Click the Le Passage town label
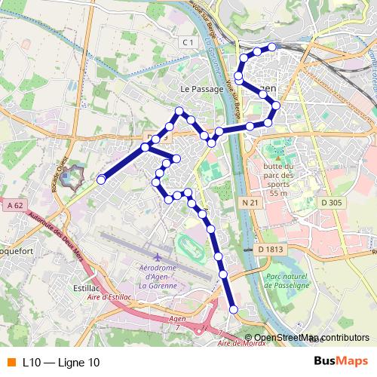tap(202, 89)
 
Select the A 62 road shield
tap(14, 205)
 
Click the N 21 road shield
tap(251, 202)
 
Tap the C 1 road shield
tap(188, 44)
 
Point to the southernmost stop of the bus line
tap(234, 309)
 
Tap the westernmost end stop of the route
tap(101, 179)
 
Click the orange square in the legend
tap(11, 363)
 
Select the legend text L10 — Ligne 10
tap(61, 363)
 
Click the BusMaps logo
tap(340, 362)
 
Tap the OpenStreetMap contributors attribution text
tap(313, 338)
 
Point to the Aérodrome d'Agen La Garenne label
tap(158, 277)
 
